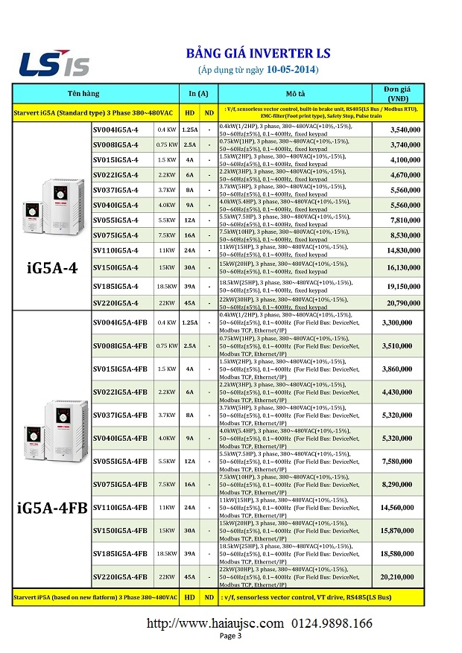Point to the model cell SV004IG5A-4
(115, 130)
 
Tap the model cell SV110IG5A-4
(115, 251)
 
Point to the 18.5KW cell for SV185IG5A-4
(167, 286)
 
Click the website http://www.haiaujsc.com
(215, 623)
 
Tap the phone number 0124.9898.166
(332, 623)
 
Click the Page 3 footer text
(230, 636)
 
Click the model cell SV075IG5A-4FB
(120, 485)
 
